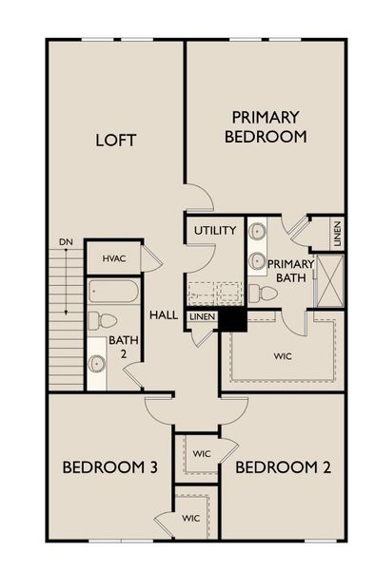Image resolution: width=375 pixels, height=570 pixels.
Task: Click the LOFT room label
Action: tap(115, 140)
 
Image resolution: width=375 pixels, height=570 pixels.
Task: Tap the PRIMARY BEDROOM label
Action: tap(266, 126)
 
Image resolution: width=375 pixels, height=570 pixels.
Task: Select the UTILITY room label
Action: tap(215, 231)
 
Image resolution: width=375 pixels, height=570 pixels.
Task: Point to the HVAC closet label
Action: tap(114, 258)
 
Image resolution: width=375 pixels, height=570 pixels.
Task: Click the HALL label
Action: tap(164, 315)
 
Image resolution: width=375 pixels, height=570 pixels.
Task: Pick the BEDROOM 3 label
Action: tap(110, 466)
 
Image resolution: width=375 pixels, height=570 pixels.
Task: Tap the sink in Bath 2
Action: tap(97, 363)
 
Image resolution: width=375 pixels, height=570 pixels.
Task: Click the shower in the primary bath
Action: tap(330, 280)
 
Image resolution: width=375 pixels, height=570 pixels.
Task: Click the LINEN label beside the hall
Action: tap(202, 316)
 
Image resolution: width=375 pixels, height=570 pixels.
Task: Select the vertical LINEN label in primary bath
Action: tap(337, 234)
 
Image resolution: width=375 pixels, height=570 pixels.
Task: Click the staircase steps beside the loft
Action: tap(66, 318)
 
